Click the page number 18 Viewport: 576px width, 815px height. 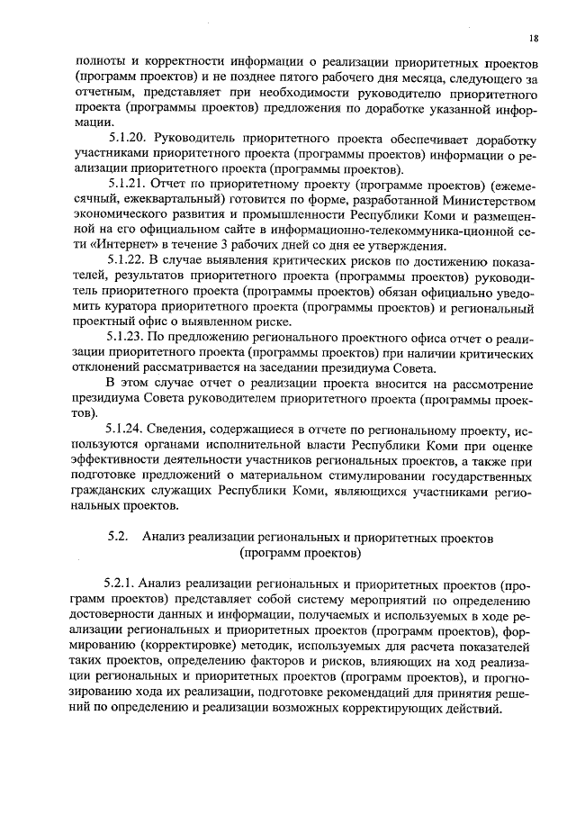534,38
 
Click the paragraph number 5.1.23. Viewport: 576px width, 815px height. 127,337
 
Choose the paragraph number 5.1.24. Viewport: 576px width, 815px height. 127,429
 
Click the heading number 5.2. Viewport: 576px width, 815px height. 119,537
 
